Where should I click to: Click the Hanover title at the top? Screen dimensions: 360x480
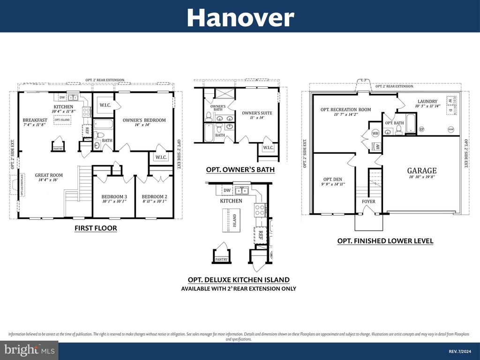(240, 18)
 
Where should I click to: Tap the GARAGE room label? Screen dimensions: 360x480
(421, 171)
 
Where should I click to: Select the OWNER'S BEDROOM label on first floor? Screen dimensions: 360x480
(144, 120)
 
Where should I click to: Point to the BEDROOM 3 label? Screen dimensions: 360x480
(114, 196)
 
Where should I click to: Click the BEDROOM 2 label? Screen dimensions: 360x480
(155, 196)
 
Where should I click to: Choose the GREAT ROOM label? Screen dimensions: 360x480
(49, 175)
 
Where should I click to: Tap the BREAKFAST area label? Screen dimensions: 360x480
(35, 120)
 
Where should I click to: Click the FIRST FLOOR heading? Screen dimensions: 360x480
(96, 228)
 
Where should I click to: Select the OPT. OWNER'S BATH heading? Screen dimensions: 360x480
(240, 169)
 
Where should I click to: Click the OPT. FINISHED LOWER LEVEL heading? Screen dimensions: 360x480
(385, 241)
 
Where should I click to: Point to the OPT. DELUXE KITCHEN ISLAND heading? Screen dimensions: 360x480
(239, 279)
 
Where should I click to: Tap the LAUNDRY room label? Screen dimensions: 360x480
(427, 101)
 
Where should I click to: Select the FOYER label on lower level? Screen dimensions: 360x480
(368, 202)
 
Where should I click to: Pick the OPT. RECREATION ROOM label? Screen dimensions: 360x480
(345, 109)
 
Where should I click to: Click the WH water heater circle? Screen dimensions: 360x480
(375, 134)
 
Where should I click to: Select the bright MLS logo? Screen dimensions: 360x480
(29, 350)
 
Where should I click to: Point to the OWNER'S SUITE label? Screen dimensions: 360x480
(257, 113)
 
